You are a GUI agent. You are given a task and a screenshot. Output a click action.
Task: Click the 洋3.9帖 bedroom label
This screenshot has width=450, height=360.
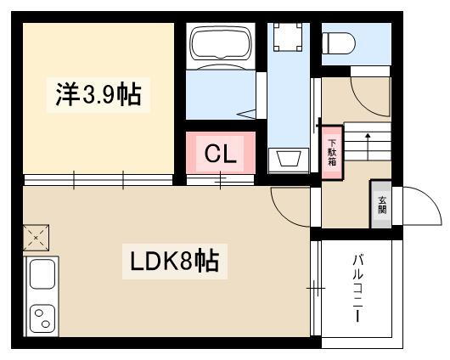point(98,94)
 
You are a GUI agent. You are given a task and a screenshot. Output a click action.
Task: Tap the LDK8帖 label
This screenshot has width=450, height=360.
point(175,261)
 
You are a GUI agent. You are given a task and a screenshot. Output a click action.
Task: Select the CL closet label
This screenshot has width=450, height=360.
point(221,154)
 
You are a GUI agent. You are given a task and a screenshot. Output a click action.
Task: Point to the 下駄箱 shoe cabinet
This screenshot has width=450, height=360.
point(332,153)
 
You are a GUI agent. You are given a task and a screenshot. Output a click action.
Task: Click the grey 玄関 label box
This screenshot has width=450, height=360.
point(382,204)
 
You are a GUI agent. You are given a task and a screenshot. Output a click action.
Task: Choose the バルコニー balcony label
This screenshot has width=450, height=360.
point(357,288)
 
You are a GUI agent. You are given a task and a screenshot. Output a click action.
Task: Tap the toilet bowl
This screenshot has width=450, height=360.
point(339,43)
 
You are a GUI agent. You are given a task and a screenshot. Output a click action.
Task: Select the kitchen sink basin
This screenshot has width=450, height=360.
point(42,273)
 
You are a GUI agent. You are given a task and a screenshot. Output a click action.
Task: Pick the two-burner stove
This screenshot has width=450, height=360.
point(42,318)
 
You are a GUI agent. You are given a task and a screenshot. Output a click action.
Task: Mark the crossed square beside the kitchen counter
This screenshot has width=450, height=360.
point(36,238)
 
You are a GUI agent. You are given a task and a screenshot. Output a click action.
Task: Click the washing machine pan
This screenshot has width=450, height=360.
point(288,37)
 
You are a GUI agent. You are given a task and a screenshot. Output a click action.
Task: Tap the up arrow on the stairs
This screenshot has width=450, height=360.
point(368,146)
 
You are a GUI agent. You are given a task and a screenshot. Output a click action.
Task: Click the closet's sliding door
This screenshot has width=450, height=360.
point(221,180)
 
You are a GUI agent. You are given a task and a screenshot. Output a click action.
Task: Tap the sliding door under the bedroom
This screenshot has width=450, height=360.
point(98,180)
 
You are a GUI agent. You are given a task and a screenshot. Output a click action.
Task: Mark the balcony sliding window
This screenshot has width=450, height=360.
point(316,288)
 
